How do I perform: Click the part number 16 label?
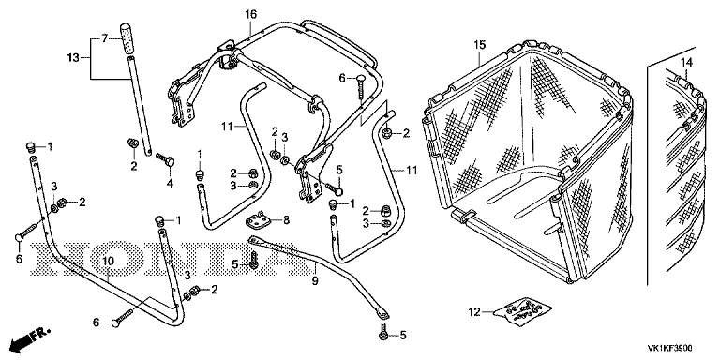coord(250,14)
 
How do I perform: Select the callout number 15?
coord(479,45)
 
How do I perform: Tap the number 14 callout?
coord(686,62)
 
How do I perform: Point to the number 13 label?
coord(73,58)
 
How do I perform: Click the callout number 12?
coord(474,312)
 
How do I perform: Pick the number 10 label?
coord(108,262)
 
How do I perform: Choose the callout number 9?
coord(315,280)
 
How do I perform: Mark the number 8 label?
coord(286,220)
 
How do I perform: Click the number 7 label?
coord(104,38)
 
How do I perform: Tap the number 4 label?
coord(170,183)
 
